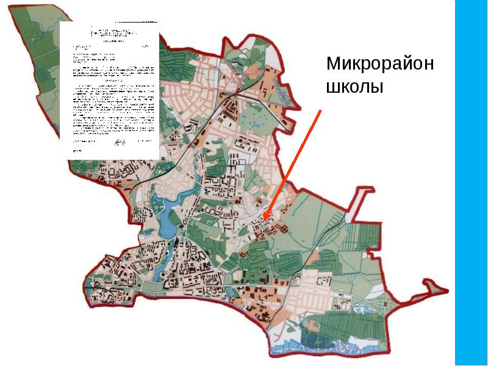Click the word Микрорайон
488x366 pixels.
coord(379,64)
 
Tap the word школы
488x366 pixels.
coord(354,87)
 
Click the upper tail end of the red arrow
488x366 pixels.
coord(321,110)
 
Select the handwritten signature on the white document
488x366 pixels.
coord(117,143)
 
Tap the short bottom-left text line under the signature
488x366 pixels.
coord(77,149)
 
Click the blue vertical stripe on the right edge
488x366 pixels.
coord(471,183)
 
